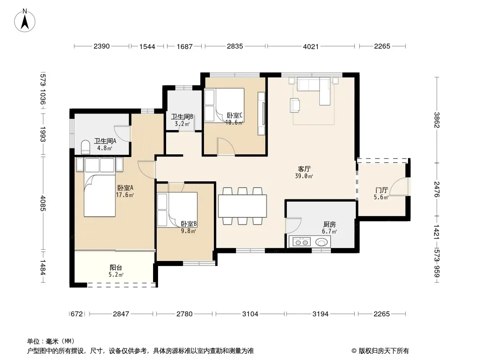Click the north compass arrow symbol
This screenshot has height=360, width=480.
click(25, 21)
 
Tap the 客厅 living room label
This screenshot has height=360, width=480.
click(304, 169)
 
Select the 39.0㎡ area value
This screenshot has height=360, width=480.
click(304, 176)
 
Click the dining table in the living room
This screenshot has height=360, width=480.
click(242, 206)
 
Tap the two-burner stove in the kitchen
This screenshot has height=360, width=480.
click(302, 242)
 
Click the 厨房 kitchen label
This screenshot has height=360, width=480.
click(330, 225)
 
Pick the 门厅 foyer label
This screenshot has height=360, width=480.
click(381, 190)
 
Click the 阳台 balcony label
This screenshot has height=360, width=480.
click(116, 268)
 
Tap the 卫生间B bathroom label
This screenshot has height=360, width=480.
click(182, 117)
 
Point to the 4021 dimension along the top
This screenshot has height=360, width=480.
click(311, 46)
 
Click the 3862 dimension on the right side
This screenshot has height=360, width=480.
click(436, 120)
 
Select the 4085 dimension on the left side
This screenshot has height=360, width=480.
click(42, 203)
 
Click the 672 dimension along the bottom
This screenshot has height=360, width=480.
click(77, 314)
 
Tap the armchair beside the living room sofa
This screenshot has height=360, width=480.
click(295, 105)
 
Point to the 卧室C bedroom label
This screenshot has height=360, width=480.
click(235, 116)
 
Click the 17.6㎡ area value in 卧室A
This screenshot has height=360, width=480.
click(125, 195)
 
